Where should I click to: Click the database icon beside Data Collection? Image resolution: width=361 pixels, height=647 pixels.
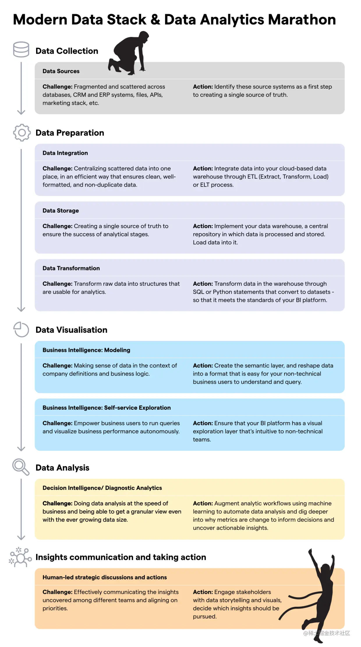pos(21,49)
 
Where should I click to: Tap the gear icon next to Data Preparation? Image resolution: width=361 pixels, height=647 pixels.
pos(22,133)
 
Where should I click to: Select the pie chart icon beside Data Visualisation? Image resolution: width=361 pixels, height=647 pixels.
pos(21,329)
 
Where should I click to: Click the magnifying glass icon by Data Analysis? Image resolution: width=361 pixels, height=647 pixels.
pos(21,467)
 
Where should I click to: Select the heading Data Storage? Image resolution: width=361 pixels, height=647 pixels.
pos(61,211)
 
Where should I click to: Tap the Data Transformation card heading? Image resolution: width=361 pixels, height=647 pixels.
pos(71,268)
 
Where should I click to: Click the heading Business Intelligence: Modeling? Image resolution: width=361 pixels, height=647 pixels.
pos(86,350)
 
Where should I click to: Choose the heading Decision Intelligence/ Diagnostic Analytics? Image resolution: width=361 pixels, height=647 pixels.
pos(102,488)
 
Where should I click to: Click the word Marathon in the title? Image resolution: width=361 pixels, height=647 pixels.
pos(302,20)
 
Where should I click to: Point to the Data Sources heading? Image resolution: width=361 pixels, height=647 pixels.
pos(61,71)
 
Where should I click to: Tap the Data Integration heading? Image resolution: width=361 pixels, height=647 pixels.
pos(65,153)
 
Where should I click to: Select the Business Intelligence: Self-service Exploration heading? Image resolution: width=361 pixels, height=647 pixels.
pos(107,408)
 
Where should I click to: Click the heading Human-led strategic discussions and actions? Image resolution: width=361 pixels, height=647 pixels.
pos(105,577)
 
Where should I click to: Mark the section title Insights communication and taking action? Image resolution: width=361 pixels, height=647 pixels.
pos(121,557)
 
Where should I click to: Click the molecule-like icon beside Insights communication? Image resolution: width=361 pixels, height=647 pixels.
pos(20,557)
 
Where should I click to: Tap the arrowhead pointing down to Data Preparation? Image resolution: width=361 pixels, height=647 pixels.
pos(21,112)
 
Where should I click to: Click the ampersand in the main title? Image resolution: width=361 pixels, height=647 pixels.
pos(155,20)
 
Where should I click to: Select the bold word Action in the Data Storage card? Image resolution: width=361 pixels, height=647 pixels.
pos(203,226)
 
